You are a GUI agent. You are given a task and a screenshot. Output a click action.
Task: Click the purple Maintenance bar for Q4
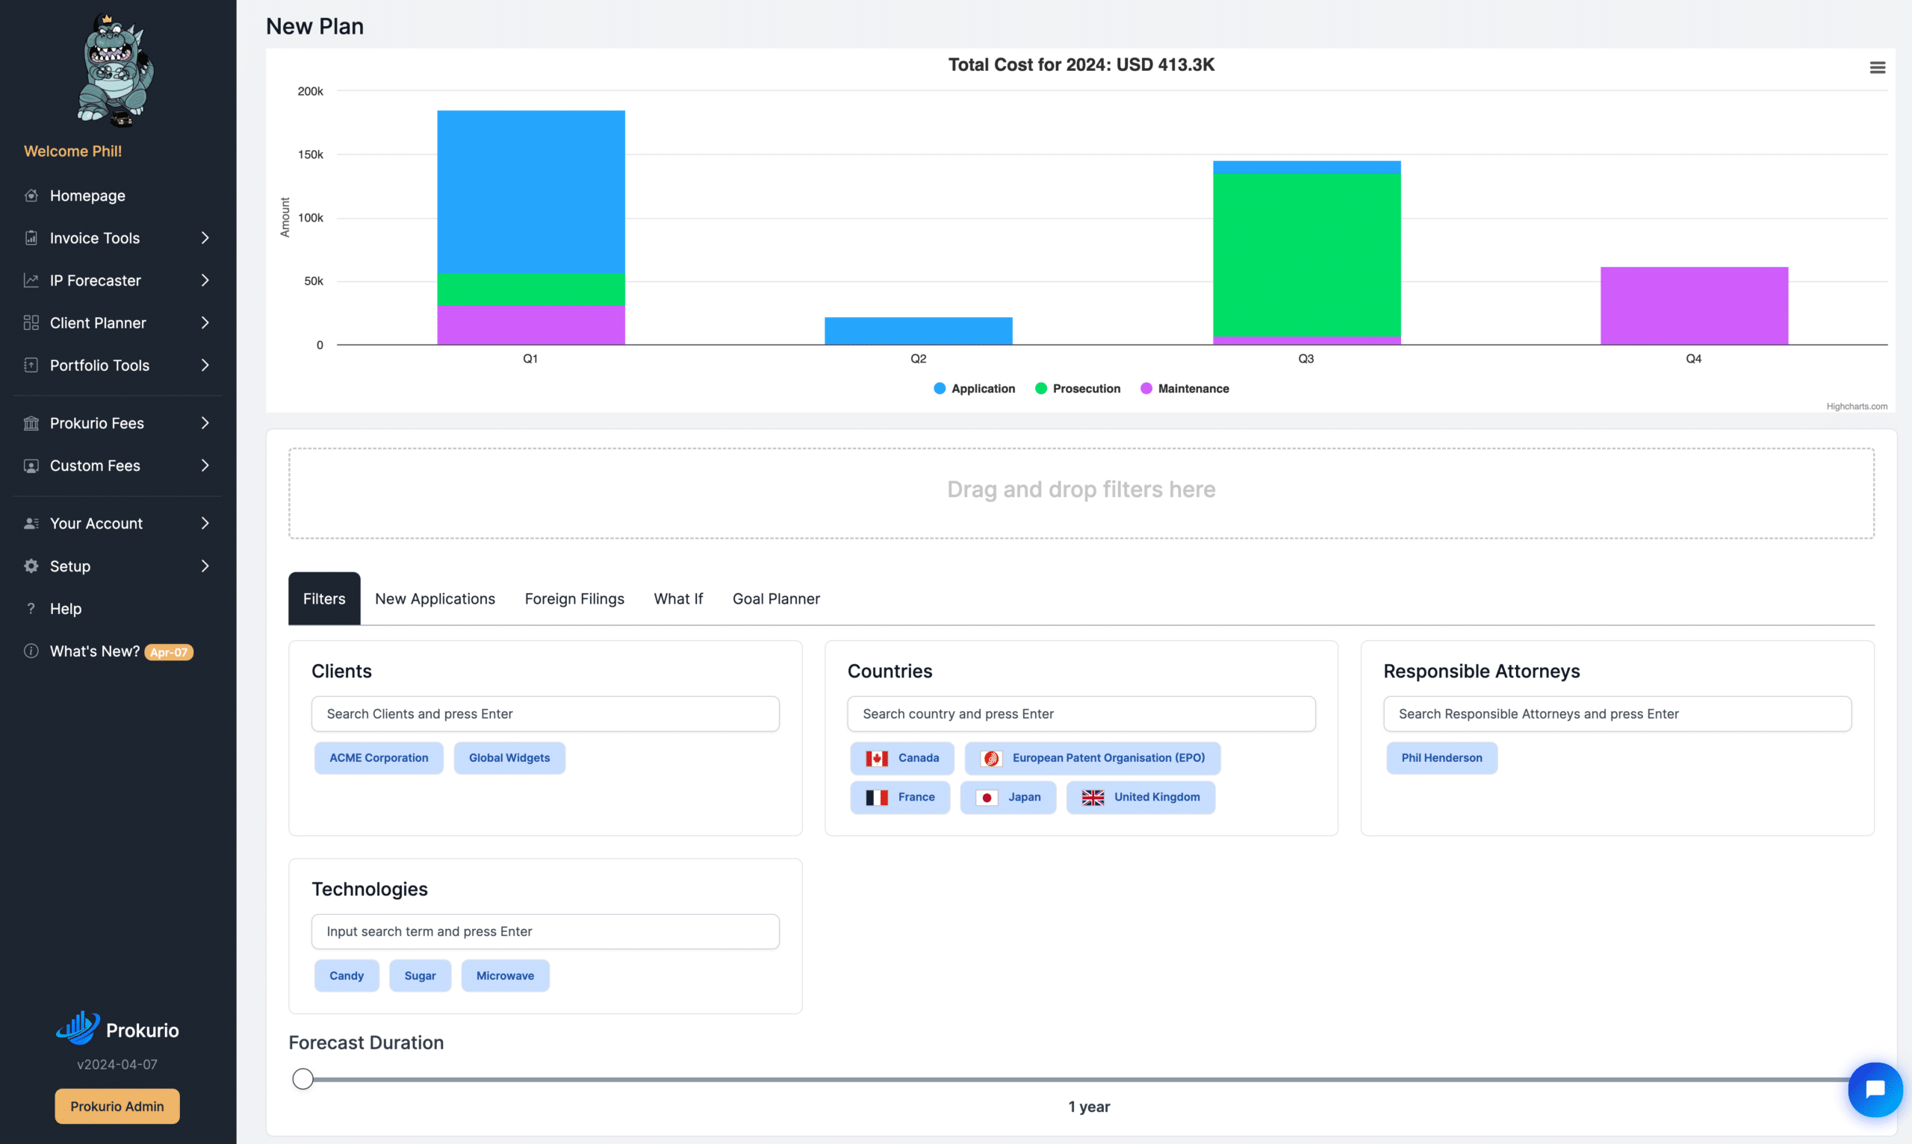coord(1694,305)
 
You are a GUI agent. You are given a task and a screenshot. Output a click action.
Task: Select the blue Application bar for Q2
coord(918,331)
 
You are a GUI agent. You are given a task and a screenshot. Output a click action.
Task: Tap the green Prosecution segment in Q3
coord(1306,255)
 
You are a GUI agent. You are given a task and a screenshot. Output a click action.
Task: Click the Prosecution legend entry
coord(1078,389)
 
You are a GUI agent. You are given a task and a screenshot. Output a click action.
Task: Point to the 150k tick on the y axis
coord(310,154)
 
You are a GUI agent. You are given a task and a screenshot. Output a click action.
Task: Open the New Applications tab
coord(435,598)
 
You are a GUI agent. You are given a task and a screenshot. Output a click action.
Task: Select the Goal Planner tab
coord(776,598)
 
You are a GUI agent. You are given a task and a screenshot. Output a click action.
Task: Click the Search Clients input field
coord(545,714)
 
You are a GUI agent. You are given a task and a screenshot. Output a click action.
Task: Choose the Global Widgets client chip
coord(509,757)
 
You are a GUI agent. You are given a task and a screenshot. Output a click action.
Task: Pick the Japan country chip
coord(1008,797)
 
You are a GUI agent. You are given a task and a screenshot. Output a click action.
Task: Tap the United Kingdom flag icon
coord(1092,797)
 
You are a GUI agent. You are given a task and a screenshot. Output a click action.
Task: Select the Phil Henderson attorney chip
coord(1441,757)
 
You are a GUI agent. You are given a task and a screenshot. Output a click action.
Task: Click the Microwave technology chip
coord(505,975)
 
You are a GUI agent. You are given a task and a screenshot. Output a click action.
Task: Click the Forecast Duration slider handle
coord(303,1078)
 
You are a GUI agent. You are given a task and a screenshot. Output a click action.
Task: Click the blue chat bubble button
coord(1875,1090)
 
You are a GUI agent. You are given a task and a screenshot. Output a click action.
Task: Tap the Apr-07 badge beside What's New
coord(169,652)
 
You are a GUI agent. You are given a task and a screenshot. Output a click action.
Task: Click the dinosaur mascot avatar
coord(116,69)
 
